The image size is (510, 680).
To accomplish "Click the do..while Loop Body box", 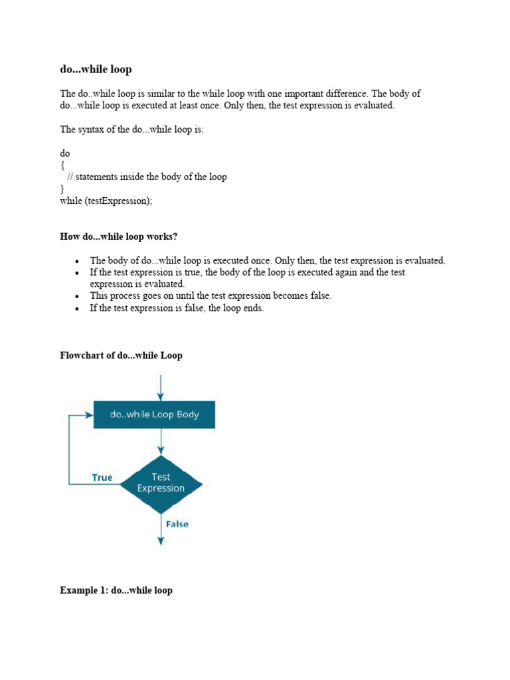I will pos(154,414).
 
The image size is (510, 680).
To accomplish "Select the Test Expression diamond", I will pos(161,483).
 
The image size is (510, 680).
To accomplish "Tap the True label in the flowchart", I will pos(102,477).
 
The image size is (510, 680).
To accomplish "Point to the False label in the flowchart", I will pos(177,524).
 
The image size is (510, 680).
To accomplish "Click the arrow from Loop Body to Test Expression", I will pos(161,442).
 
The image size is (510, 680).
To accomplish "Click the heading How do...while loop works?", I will pos(119,237).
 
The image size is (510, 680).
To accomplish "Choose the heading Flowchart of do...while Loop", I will pos(121,355).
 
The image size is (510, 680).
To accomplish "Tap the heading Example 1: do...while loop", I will pos(116,590).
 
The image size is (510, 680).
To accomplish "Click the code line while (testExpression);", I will pos(106,201).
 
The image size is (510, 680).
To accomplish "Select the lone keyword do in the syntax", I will pos(65,153).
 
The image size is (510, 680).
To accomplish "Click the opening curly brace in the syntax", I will pos(62,165).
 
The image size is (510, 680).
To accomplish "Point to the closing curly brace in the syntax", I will pos(62,189).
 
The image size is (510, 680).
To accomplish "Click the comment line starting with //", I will pos(147,177).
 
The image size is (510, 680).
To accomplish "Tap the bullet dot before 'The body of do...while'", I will pos(78,261).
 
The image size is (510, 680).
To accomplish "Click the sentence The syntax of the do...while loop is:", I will pos(132,129).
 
